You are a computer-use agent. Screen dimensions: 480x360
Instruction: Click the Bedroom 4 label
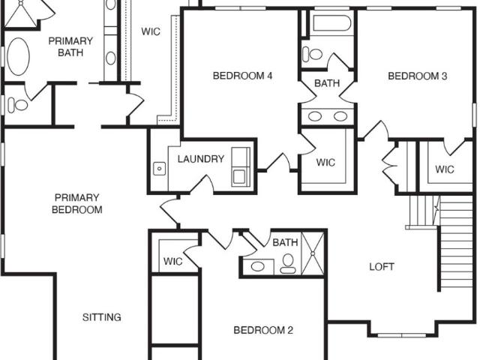pos(242,76)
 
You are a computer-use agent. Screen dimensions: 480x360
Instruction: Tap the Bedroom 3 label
pos(417,76)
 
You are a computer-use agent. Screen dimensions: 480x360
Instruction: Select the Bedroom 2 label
pos(263,330)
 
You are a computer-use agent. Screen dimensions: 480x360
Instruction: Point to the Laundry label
pos(201,159)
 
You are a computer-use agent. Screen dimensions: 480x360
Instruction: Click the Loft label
pos(382,267)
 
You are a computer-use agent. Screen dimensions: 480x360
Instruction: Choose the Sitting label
pos(102,317)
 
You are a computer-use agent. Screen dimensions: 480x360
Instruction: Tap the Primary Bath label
pos(70,46)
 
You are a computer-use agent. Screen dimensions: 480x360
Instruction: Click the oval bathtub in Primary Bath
pos(18,57)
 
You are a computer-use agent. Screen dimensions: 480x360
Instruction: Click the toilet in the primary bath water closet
pos(17,105)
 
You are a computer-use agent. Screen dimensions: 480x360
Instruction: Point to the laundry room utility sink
pos(159,169)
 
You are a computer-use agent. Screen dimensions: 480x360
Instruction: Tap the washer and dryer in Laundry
pos(241,167)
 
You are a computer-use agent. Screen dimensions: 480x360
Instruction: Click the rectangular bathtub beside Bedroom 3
pos(331,23)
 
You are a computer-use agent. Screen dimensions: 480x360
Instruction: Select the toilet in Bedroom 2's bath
pos(288,264)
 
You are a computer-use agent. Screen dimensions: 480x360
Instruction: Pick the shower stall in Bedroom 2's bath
pos(313,253)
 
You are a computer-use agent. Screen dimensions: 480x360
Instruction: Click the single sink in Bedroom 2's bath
pos(258,266)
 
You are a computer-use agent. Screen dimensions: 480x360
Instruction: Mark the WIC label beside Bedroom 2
pos(173,262)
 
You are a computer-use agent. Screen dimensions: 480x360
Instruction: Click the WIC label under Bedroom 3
pos(445,169)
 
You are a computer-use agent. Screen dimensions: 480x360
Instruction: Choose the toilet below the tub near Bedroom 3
pos(312,55)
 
